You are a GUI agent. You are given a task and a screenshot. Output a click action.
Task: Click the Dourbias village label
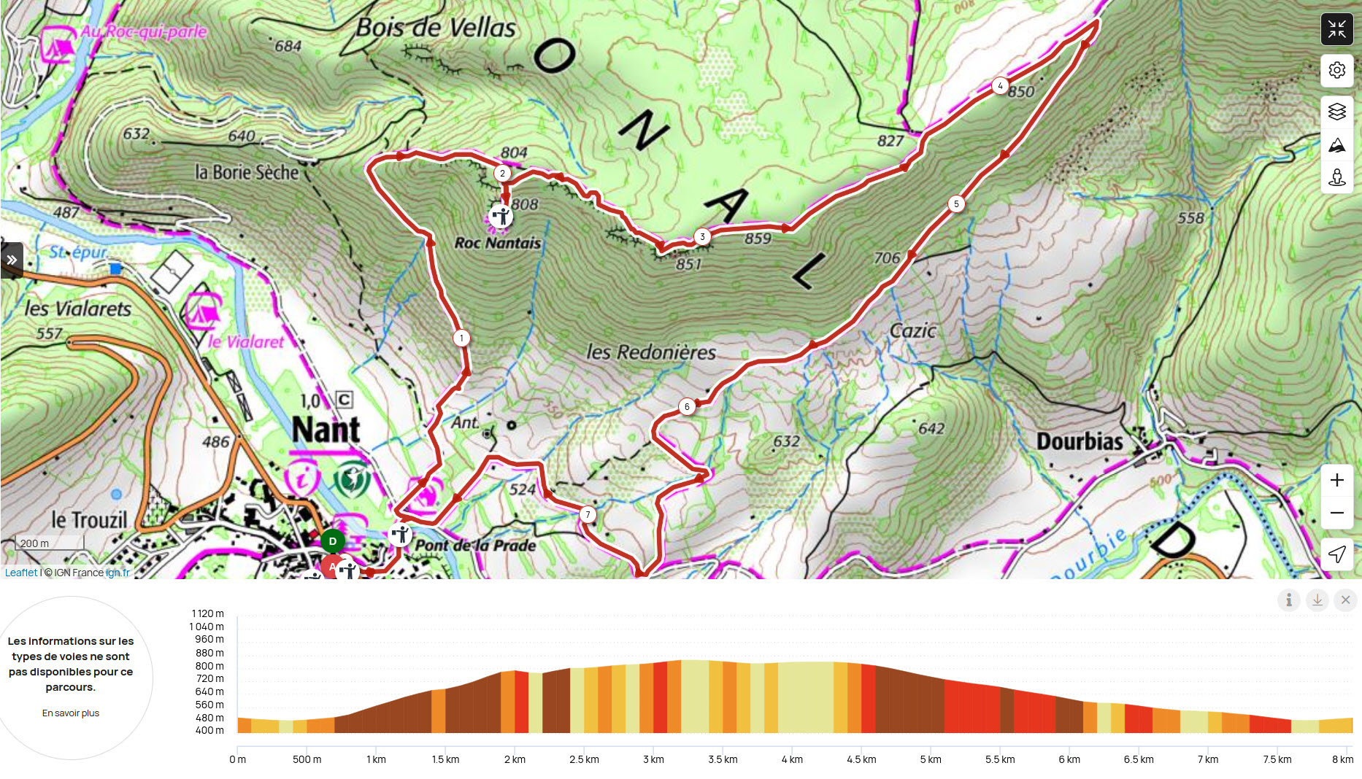coord(1080,441)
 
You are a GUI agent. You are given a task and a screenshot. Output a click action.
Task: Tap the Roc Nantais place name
coord(498,243)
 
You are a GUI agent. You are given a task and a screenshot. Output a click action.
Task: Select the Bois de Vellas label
coord(436,28)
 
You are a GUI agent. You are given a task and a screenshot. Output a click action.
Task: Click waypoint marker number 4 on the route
coord(1000,86)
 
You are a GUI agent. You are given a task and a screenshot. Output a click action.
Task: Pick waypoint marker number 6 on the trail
coord(687,407)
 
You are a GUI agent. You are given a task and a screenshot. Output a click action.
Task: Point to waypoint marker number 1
coord(461,338)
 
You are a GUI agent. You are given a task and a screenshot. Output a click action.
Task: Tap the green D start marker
coord(333,541)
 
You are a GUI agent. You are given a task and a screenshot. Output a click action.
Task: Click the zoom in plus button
coord(1336,480)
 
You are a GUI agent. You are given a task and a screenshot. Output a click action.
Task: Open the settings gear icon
coord(1336,70)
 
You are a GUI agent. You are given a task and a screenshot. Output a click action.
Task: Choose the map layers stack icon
coord(1336,112)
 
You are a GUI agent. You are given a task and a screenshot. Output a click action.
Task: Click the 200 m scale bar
coord(50,543)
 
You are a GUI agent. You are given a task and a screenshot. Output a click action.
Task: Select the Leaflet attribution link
coord(20,573)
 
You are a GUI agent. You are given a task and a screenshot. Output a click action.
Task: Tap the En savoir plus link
coord(71,713)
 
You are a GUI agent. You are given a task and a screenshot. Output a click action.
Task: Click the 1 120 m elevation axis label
coord(208,613)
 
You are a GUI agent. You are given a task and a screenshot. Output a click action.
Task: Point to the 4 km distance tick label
coord(792,759)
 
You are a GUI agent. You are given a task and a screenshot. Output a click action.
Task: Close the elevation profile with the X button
coord(1345,600)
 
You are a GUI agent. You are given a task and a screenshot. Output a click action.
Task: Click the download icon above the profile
coord(1317,600)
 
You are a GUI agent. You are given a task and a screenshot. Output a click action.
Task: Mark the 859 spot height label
coord(758,239)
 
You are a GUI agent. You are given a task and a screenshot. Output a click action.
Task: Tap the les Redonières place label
coord(651,352)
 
